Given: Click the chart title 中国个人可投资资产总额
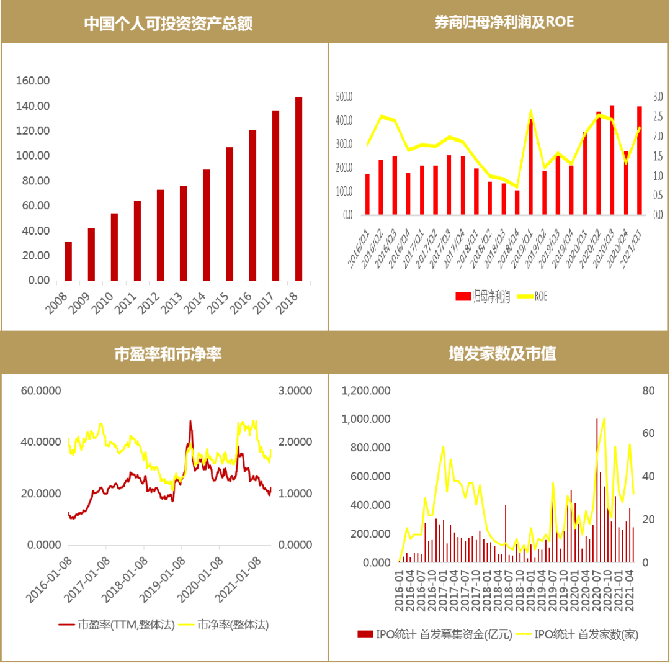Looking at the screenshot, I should pos(168,23).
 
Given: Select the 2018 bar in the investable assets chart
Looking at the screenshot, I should pos(298,189).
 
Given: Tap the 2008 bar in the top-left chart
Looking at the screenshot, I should pos(68,261).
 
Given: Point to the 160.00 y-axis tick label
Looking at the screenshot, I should pos(33,81).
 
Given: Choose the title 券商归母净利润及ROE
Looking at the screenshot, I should pos(504,22).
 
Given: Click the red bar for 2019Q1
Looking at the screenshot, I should pos(530,166).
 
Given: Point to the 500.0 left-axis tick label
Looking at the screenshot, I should pos(344,97).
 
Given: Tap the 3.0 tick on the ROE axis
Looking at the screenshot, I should pos(657,97).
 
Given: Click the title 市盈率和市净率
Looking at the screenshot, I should pos(168,354).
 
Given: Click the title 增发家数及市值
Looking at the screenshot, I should pos(502,354).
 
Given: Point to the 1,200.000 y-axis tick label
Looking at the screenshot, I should pos(367,390).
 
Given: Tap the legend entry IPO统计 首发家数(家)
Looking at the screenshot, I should pos(586,634).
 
